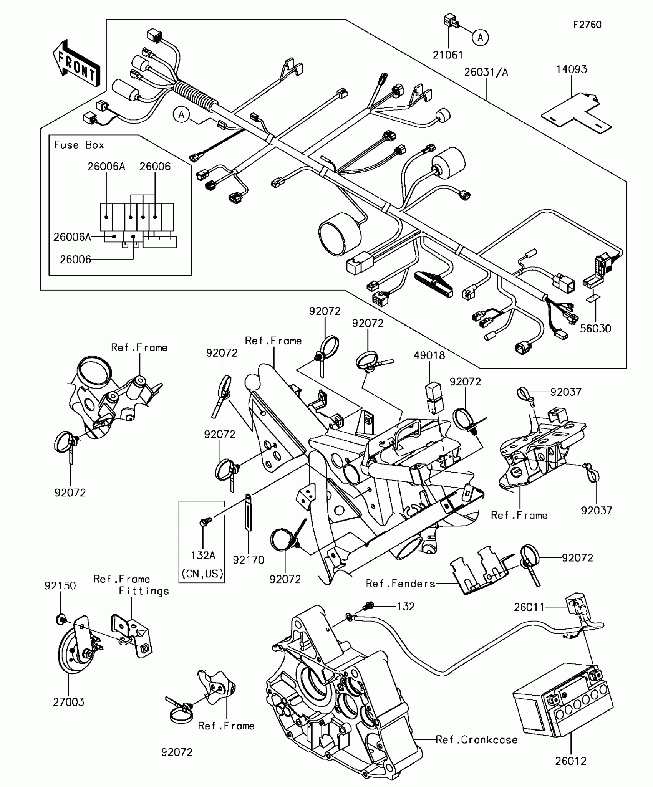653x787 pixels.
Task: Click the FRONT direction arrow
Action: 76,63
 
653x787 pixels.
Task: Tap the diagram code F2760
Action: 587,25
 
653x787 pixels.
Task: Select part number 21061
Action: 448,55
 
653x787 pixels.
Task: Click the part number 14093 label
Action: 572,69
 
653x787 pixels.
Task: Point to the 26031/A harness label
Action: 486,72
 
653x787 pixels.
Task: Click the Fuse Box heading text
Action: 79,145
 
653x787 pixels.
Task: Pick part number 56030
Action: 595,328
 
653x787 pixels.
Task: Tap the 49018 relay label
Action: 429,355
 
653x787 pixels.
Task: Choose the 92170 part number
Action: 249,560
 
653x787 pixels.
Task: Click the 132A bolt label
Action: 203,555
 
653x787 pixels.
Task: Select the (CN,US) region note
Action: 202,574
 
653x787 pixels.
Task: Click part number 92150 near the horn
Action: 60,585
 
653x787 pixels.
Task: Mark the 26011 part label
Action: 529,607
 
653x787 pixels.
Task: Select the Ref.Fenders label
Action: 401,584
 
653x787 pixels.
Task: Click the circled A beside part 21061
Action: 480,38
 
